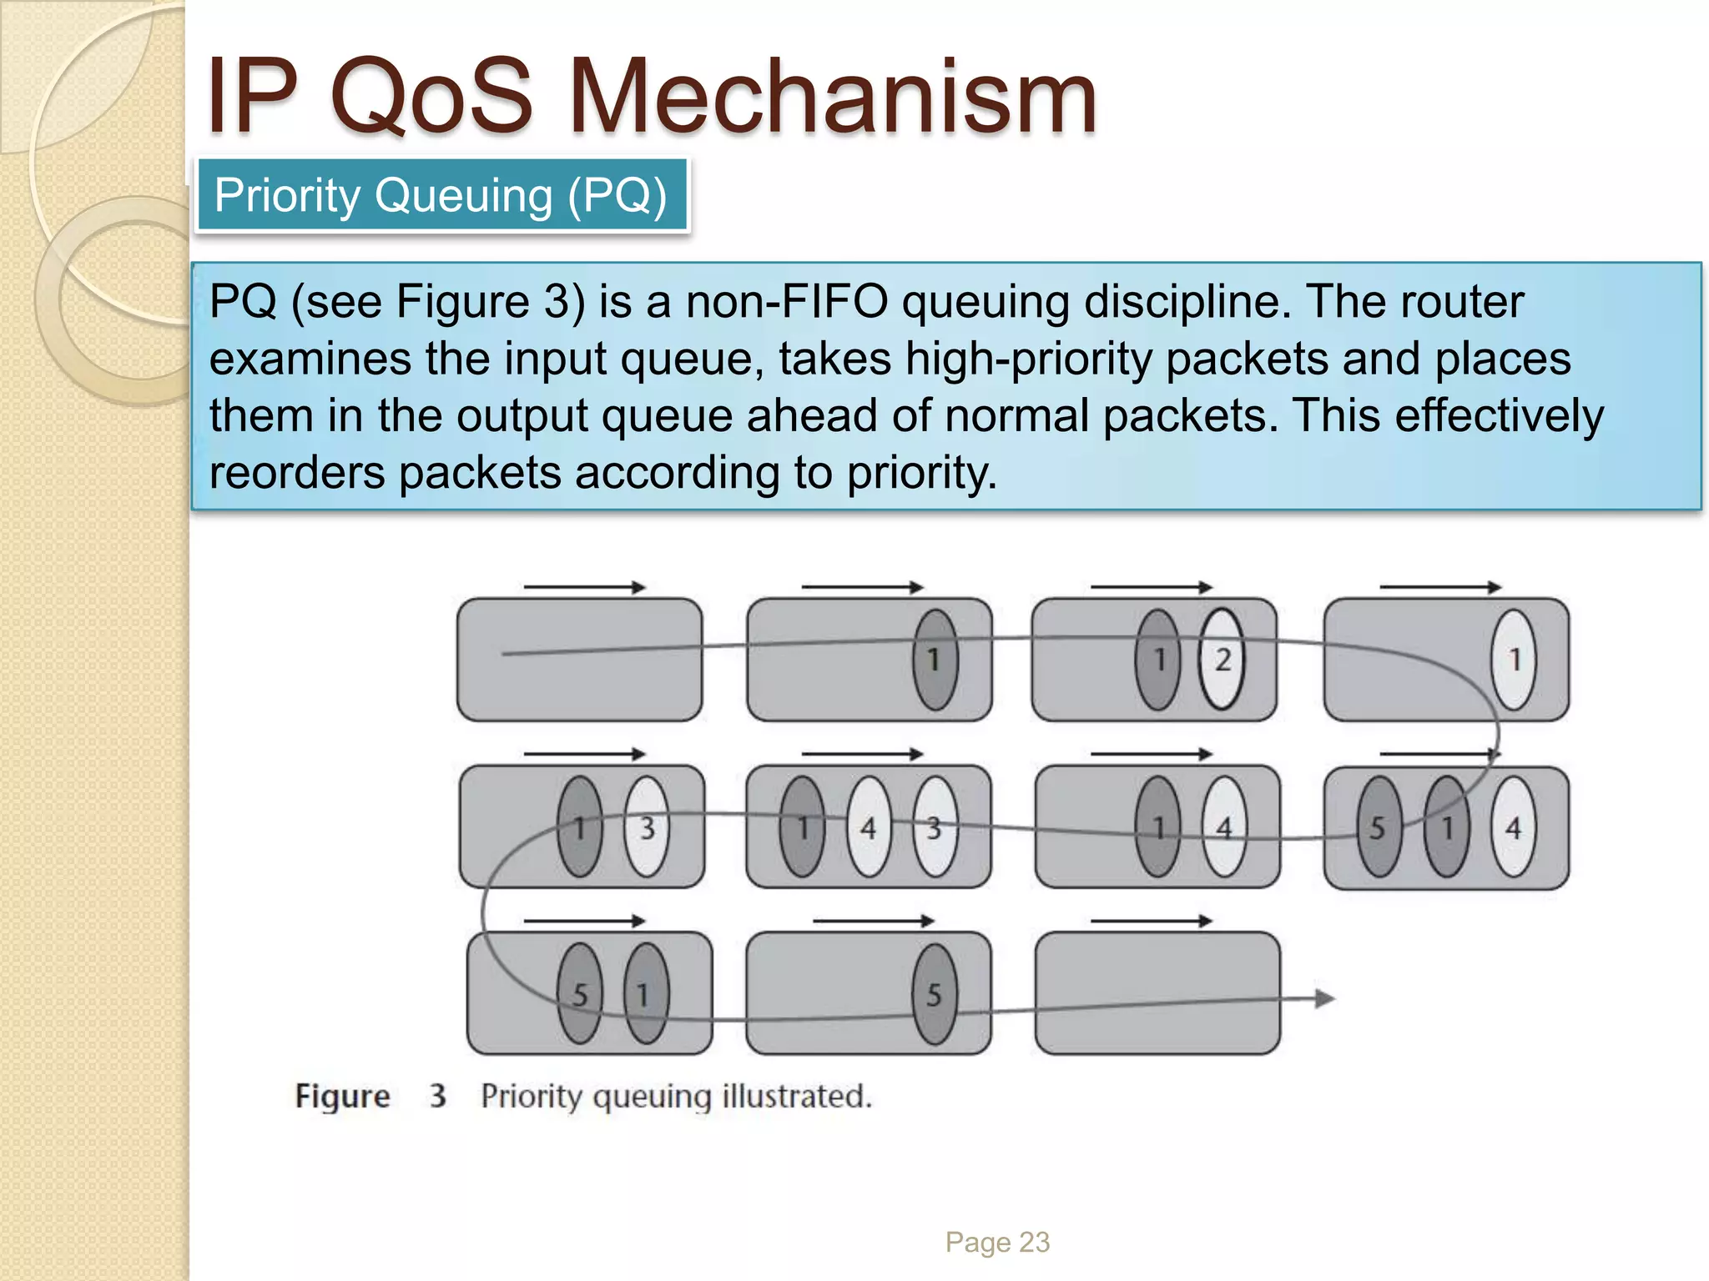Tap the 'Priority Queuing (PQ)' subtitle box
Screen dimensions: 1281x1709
tap(441, 196)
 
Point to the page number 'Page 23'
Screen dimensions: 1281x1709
tap(997, 1242)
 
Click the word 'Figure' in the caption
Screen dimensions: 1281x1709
tap(342, 1096)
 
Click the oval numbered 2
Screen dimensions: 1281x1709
tap(1222, 660)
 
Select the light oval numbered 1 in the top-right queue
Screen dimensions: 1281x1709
tap(1514, 660)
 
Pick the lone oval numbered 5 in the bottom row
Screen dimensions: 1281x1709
tap(935, 993)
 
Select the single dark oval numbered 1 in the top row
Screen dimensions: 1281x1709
tap(935, 660)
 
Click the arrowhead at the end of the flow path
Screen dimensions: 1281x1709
tap(1324, 998)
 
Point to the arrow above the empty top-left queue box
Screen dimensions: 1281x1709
tap(584, 587)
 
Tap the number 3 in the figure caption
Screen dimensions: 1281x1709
tap(438, 1096)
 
